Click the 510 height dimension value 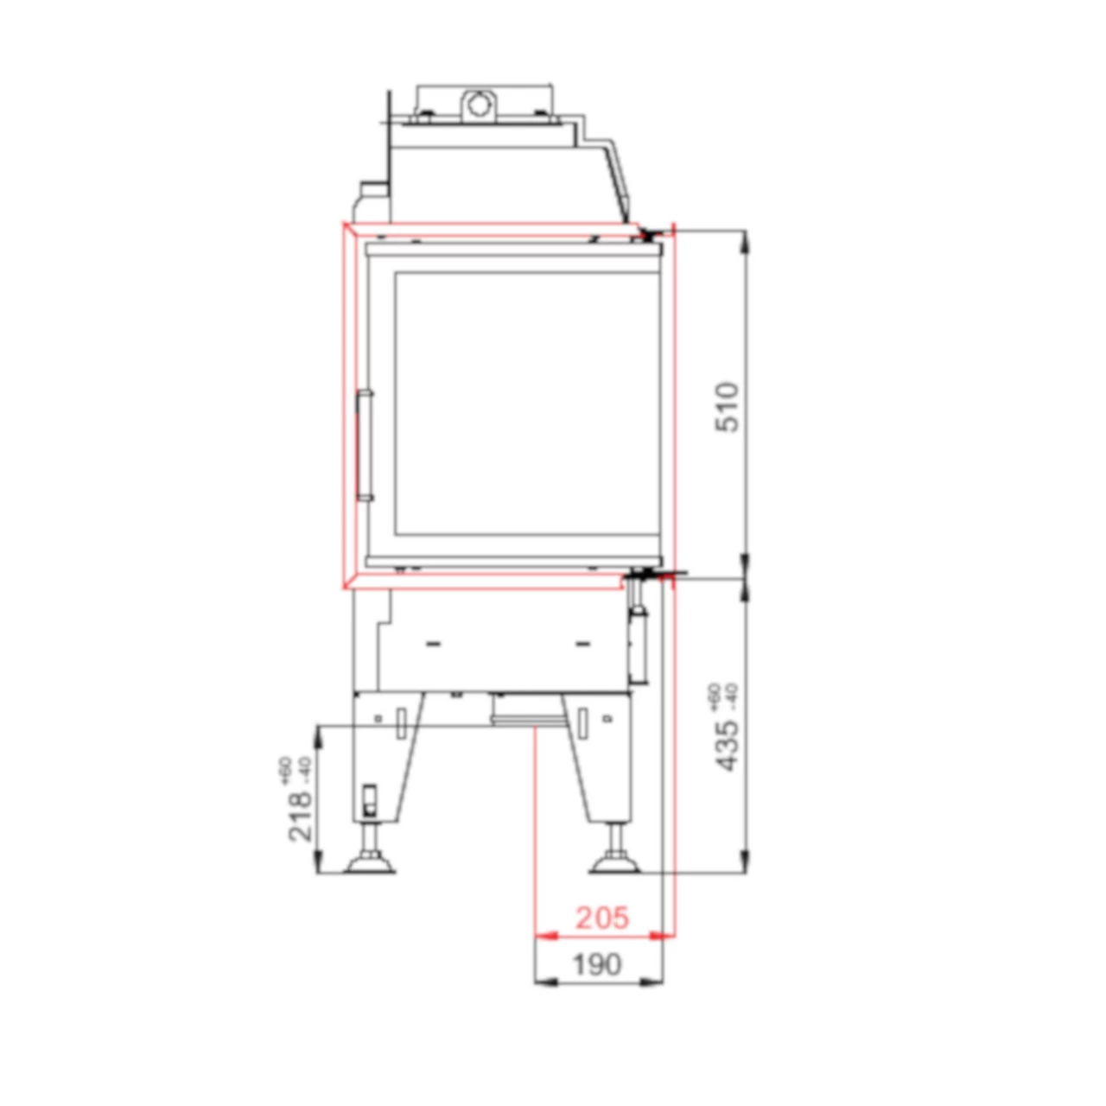pos(728,407)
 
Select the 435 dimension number pos(728,745)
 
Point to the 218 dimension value pos(300,815)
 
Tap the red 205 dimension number pos(602,918)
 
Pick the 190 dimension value pos(597,964)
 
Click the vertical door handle pos(365,446)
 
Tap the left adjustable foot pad pos(371,863)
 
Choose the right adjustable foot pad pos(615,863)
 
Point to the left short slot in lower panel pos(434,644)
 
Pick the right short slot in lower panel pos(582,644)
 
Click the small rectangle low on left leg pos(369,800)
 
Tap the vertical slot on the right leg pos(582,721)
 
